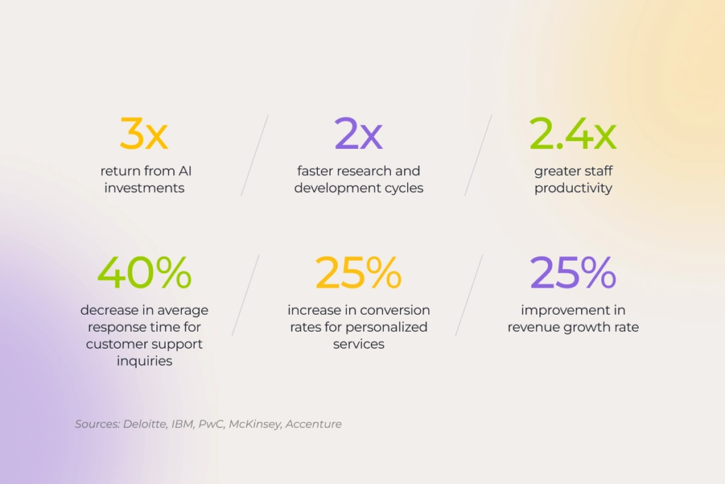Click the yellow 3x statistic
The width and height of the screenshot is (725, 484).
tap(144, 133)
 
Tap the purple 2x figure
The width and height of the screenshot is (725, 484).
tap(358, 133)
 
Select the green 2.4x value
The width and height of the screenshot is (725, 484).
tap(573, 133)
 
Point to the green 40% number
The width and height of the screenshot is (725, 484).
tap(144, 273)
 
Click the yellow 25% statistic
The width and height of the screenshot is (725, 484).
tap(358, 273)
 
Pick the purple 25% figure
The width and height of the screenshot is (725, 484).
tap(573, 273)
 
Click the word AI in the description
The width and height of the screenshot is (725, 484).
tap(185, 171)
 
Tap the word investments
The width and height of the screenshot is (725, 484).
tap(144, 188)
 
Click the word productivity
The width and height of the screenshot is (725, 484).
tap(573, 188)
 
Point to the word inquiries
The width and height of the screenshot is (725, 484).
tap(144, 361)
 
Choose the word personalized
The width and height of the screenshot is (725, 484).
tap(387, 327)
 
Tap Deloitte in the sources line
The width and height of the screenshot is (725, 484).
tap(144, 424)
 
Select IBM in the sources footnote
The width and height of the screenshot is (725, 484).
tap(182, 424)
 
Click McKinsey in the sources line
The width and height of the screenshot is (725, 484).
tap(255, 424)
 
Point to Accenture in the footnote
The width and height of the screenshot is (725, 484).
tap(314, 424)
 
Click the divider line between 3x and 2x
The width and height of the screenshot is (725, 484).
tap(254, 155)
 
